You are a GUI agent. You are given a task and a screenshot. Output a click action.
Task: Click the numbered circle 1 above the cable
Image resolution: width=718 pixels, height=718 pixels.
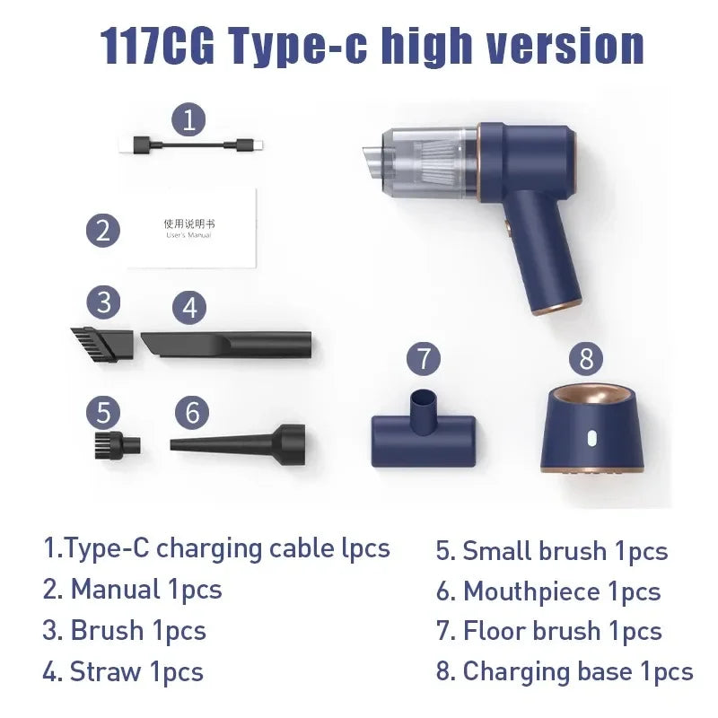point(188,119)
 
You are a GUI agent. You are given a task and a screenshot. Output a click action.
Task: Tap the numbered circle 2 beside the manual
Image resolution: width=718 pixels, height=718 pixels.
point(104,230)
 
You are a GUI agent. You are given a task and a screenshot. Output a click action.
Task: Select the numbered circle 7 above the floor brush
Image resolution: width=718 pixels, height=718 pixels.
point(425,359)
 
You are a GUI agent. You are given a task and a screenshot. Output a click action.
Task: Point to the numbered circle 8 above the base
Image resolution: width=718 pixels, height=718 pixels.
point(587,359)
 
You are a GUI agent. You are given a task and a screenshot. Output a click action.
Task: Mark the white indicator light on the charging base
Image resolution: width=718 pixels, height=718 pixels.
point(591,440)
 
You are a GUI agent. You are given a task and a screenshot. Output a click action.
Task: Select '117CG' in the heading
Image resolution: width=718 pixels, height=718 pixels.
point(157,47)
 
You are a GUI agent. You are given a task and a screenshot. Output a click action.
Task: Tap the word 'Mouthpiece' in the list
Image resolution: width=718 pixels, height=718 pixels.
point(531,592)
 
